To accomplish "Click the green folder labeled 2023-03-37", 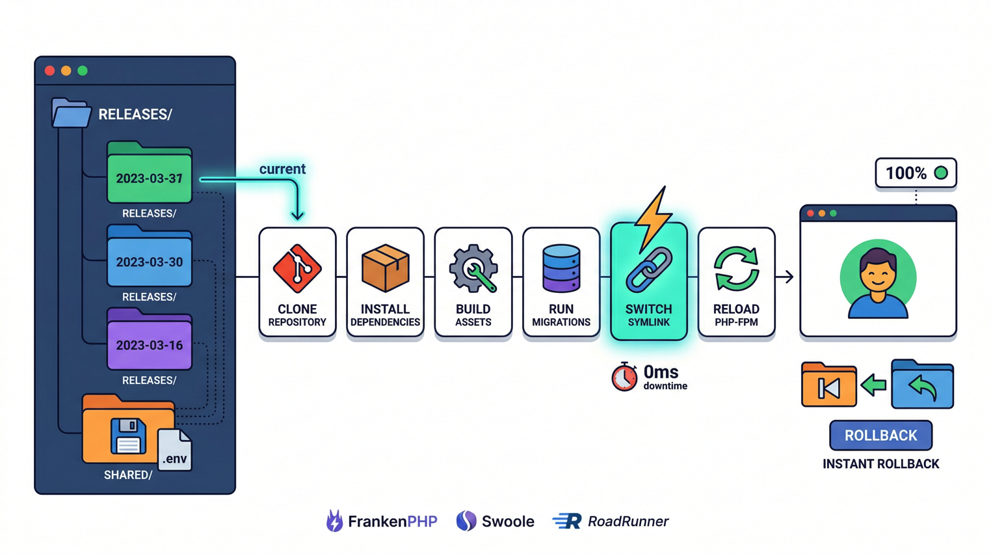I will click(x=149, y=174).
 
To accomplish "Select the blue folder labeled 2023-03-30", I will click(x=149, y=258).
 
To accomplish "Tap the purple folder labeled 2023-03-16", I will click(x=149, y=341).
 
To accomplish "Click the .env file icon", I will click(x=174, y=450).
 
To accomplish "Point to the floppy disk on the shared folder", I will click(x=128, y=436).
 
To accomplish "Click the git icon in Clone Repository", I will click(x=297, y=268).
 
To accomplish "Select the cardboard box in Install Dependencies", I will click(x=385, y=268).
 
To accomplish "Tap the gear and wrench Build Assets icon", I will click(x=473, y=268).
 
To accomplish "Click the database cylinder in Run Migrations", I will click(x=561, y=268).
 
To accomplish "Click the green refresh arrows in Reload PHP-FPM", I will click(x=736, y=268).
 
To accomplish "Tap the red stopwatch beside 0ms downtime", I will click(x=624, y=377).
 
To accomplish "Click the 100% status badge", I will click(x=916, y=173).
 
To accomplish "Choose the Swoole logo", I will click(x=495, y=521).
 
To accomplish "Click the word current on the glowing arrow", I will click(x=282, y=169).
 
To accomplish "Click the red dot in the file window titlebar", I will click(x=50, y=70).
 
